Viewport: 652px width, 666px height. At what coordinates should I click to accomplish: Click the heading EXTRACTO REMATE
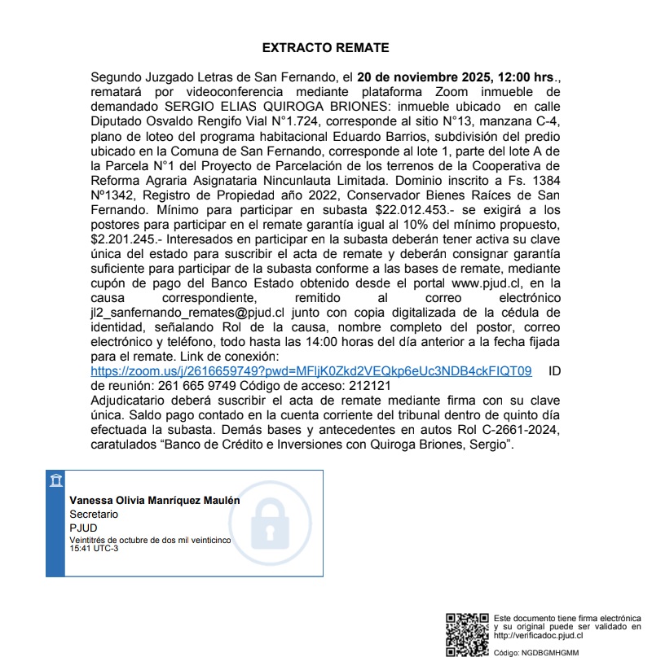pos(325,48)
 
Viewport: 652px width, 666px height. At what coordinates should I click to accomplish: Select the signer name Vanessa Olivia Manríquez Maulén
pos(155,501)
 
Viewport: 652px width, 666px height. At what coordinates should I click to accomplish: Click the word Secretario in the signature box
pos(94,515)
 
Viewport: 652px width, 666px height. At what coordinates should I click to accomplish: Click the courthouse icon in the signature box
pos(56,480)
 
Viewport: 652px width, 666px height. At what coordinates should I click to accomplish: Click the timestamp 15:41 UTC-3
pos(94,548)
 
